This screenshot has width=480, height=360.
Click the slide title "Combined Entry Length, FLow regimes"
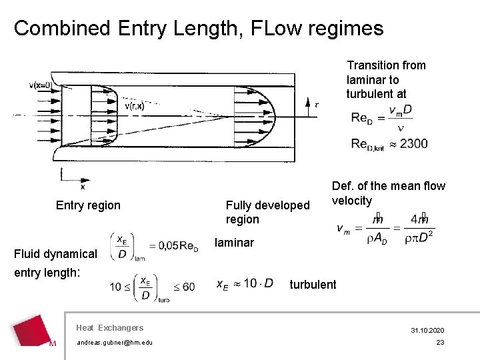(199, 28)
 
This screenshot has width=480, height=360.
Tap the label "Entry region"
(88, 205)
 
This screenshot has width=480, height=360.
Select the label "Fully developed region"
(267, 212)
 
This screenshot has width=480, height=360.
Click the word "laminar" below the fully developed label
(234, 243)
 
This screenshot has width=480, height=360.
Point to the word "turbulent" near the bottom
(313, 285)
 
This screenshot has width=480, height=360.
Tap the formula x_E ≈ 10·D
(245, 284)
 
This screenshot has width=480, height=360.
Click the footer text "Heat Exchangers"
(110, 327)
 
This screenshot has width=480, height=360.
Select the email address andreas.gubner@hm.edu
(114, 343)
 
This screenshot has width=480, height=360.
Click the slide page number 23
(440, 343)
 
